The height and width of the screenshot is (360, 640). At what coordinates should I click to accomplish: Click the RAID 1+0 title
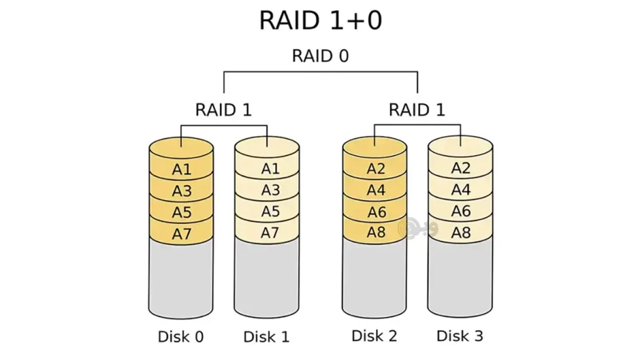(320, 21)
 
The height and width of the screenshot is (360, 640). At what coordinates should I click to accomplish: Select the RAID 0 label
(320, 56)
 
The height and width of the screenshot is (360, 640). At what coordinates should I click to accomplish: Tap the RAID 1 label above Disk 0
(223, 109)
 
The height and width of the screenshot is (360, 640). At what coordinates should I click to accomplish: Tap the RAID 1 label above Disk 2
(417, 109)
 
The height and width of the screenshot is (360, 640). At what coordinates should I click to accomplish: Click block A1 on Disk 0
(182, 169)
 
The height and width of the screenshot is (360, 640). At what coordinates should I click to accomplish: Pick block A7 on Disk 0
(182, 233)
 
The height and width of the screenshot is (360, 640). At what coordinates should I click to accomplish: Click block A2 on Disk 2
(376, 169)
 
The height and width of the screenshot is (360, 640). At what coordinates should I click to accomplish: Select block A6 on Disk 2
(376, 212)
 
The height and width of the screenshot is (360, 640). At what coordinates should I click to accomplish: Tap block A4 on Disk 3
(461, 189)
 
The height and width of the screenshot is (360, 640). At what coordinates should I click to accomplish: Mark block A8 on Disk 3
(461, 232)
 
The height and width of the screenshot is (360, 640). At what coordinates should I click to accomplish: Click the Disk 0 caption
(181, 337)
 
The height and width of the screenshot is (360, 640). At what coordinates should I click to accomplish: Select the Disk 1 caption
(266, 337)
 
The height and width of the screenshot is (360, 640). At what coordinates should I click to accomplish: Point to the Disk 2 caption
(374, 336)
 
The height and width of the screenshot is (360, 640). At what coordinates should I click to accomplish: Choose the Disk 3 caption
(460, 336)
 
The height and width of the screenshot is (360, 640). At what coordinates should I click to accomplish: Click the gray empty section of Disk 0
(182, 278)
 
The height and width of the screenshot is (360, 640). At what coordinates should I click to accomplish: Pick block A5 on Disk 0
(182, 212)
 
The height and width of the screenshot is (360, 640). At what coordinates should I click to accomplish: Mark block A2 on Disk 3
(461, 168)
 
